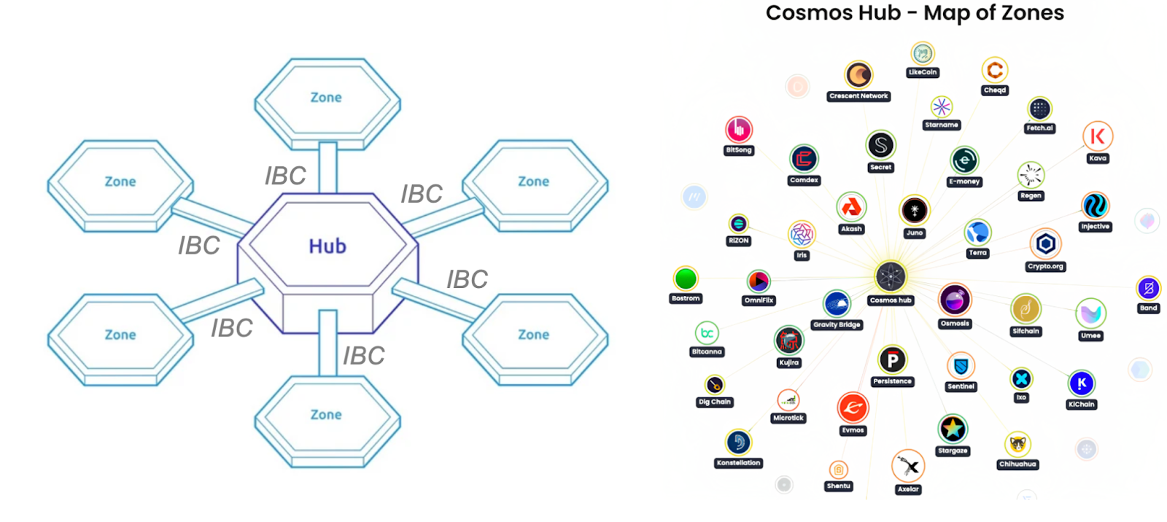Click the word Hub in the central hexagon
tap(327, 246)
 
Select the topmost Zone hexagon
tap(326, 98)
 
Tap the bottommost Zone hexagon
tap(326, 415)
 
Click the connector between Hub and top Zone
tap(327, 167)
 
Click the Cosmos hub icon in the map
tap(891, 277)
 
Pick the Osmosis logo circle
tap(955, 299)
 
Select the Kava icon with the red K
tap(1097, 136)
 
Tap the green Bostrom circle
tap(686, 278)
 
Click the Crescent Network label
tap(858, 96)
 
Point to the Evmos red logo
tap(853, 408)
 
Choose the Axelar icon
tap(908, 465)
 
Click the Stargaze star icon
tap(953, 429)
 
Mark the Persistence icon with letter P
tap(892, 359)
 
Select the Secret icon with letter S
tap(880, 145)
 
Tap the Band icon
tap(1148, 288)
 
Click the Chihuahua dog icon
tap(1017, 444)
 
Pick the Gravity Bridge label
tap(837, 325)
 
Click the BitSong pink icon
tap(738, 130)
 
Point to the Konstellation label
tap(738, 463)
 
